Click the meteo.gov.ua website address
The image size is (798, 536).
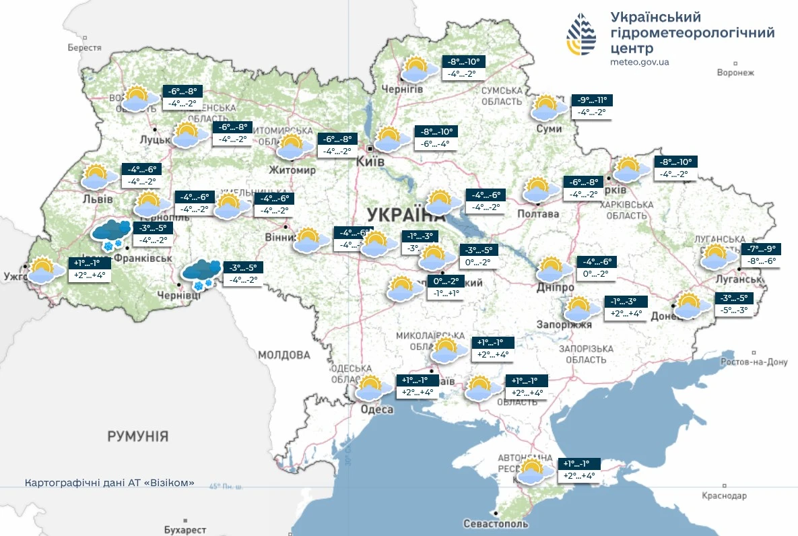(x=639, y=62)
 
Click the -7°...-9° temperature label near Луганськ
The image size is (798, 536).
(x=761, y=248)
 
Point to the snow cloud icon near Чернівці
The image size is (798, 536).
(x=201, y=272)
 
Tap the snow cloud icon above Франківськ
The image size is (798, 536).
(x=111, y=233)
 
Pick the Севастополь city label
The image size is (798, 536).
(x=496, y=524)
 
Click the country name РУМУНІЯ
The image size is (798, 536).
(x=137, y=436)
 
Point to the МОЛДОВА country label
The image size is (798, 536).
(x=283, y=354)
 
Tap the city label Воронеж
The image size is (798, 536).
(x=735, y=73)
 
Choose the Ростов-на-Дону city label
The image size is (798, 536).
(x=753, y=362)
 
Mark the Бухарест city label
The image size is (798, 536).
(x=185, y=530)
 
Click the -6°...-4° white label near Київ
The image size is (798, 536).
(x=435, y=144)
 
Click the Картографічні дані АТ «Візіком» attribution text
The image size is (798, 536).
(x=110, y=483)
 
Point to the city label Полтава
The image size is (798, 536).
(x=538, y=214)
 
